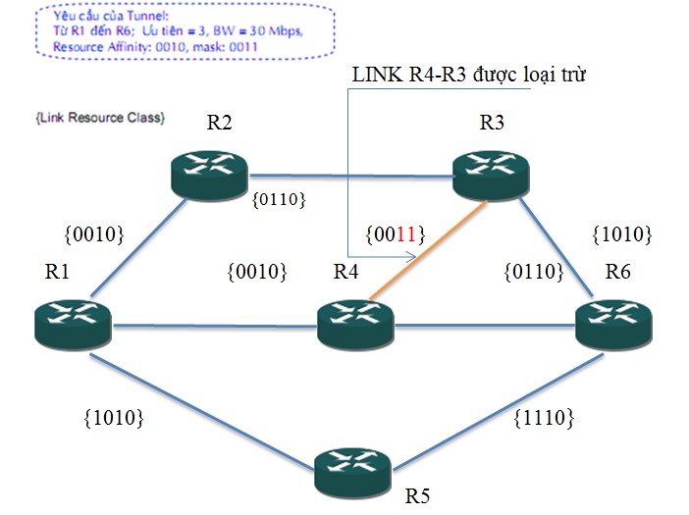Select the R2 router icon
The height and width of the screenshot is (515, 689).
click(x=210, y=172)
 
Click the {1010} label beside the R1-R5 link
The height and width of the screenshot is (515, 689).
click(x=115, y=417)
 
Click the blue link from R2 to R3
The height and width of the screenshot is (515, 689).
click(x=348, y=175)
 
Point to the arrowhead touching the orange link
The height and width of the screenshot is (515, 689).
click(x=415, y=258)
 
